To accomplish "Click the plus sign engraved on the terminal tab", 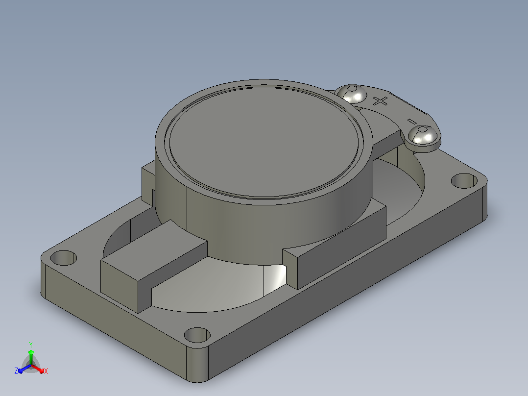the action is pos(381,101).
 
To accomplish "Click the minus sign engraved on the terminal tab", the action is pos(411,122).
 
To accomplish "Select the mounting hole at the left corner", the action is pos(64,258).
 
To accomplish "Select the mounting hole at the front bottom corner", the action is pos(197,335).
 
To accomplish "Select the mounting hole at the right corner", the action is pos(464,181).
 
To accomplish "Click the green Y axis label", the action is pos(31,345).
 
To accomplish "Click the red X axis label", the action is pos(46,371).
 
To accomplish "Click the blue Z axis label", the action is pos(16,371).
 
